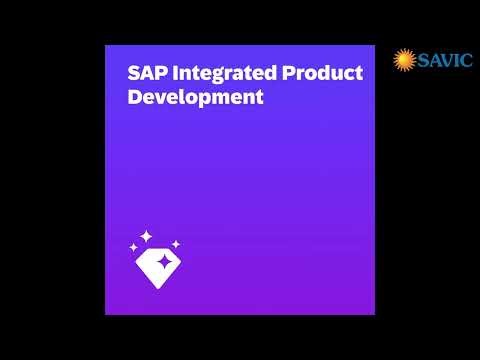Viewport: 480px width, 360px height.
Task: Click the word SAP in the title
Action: [x=145, y=74]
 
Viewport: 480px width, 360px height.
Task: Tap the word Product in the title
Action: [x=319, y=74]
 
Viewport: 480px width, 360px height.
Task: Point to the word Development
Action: [x=196, y=98]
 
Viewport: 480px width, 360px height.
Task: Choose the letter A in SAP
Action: [x=145, y=74]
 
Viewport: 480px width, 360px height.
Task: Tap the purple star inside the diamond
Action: [x=157, y=262]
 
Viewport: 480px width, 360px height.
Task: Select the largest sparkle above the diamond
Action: [x=146, y=236]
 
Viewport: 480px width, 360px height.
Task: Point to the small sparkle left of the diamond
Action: [x=133, y=246]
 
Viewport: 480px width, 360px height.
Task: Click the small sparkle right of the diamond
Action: [x=175, y=243]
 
